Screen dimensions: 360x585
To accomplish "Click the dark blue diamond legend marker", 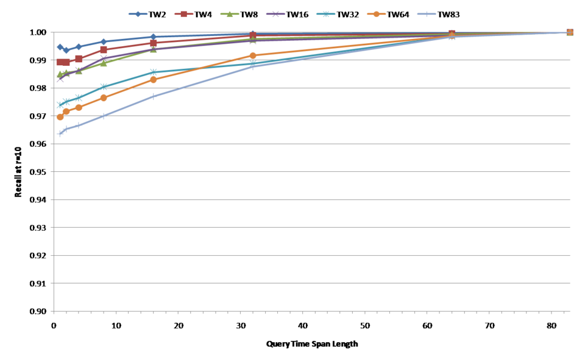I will [138, 14].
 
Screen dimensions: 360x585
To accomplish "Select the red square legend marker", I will [183, 14].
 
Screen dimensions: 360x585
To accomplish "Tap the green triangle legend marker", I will [229, 14].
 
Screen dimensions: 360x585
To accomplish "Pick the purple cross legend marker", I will [275, 14].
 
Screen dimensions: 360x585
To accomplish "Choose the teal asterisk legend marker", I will [325, 14].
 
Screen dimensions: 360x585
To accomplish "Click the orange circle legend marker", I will [376, 14].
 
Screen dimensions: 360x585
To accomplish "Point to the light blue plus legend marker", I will [427, 14].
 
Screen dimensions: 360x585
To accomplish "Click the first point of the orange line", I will [60, 117].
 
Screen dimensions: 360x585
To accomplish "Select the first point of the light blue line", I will [60, 133].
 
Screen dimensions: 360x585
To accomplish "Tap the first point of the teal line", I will [60, 104].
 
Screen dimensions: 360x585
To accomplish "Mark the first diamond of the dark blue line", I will [60, 46].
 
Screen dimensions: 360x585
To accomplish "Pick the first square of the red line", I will [60, 62].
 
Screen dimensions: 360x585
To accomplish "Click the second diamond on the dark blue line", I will [66, 50].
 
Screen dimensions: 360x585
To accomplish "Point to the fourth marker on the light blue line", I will [104, 116].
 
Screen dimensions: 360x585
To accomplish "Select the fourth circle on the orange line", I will [104, 97].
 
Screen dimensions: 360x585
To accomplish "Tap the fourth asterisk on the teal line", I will [104, 86].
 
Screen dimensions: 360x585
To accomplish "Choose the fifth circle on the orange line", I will [153, 80].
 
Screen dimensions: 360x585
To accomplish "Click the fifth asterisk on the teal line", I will [153, 72].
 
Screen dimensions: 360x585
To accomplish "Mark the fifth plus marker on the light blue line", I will [153, 96].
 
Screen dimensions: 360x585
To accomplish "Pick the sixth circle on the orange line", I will [253, 55].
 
